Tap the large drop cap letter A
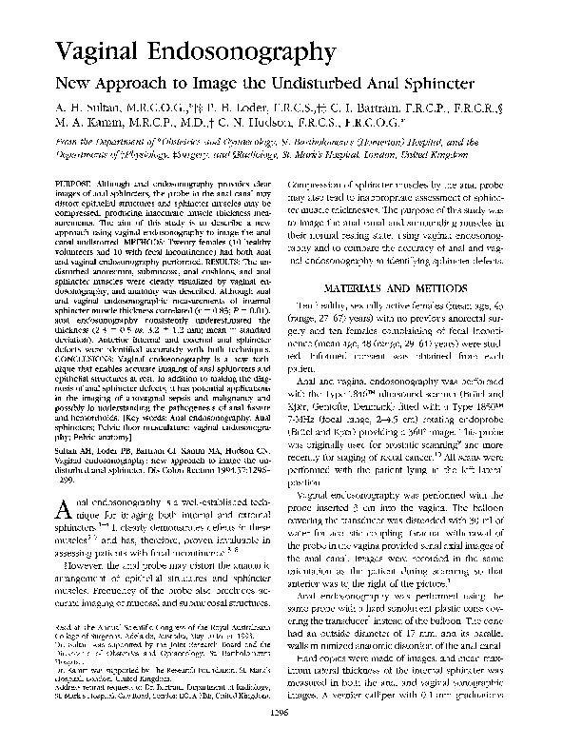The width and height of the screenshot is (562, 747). (x=58, y=514)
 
